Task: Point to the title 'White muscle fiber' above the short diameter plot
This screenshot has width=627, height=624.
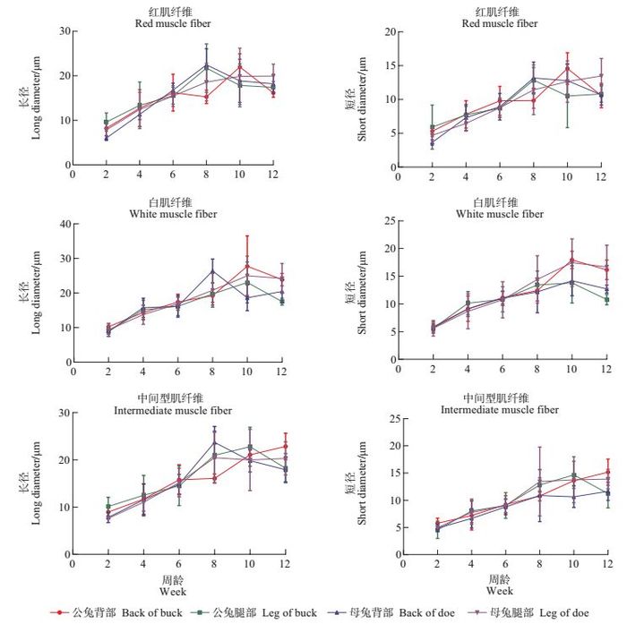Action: tap(494, 214)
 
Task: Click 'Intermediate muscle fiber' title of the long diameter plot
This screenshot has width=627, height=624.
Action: tap(173, 410)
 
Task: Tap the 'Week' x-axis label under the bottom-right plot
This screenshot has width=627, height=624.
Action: tap(500, 591)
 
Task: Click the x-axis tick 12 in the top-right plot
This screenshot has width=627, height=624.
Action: tap(602, 176)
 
